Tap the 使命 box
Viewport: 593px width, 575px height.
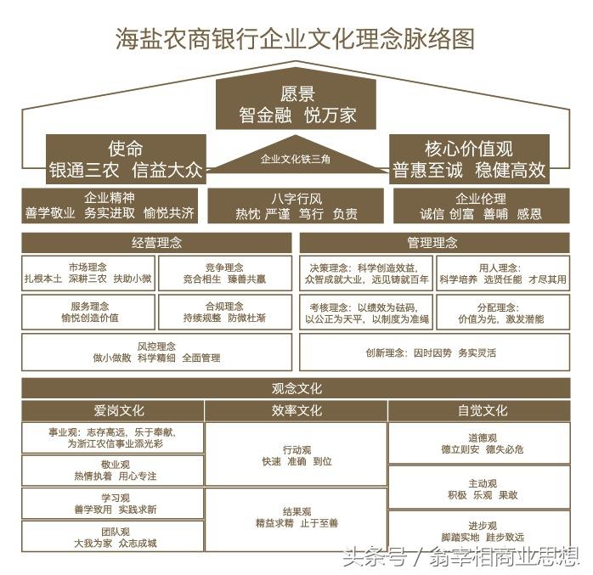pyautogui.click(x=126, y=159)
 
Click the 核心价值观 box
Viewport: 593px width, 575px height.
pyautogui.click(x=468, y=159)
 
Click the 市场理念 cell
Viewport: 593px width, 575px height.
pyautogui.click(x=89, y=273)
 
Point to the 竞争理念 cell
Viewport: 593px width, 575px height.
pyautogui.click(x=224, y=273)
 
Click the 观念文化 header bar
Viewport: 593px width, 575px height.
pyautogui.click(x=296, y=389)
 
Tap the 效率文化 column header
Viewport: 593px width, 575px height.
pyautogui.click(x=296, y=411)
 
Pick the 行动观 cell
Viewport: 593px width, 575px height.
pyautogui.click(x=296, y=455)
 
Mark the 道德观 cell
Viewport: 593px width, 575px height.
pyautogui.click(x=481, y=443)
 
